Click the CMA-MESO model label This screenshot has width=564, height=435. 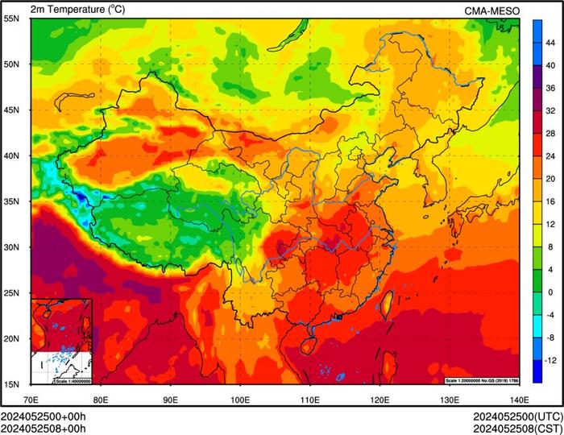pyautogui.click(x=492, y=10)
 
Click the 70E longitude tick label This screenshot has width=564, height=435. pyautogui.click(x=31, y=399)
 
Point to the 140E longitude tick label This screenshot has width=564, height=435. pyautogui.click(x=519, y=399)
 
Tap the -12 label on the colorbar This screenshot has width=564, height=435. pyautogui.click(x=549, y=358)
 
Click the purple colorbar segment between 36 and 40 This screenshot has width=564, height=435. pyautogui.click(x=537, y=76)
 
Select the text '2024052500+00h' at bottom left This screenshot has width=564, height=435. pyautogui.click(x=44, y=416)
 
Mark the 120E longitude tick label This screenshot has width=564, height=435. pyautogui.click(x=379, y=399)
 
